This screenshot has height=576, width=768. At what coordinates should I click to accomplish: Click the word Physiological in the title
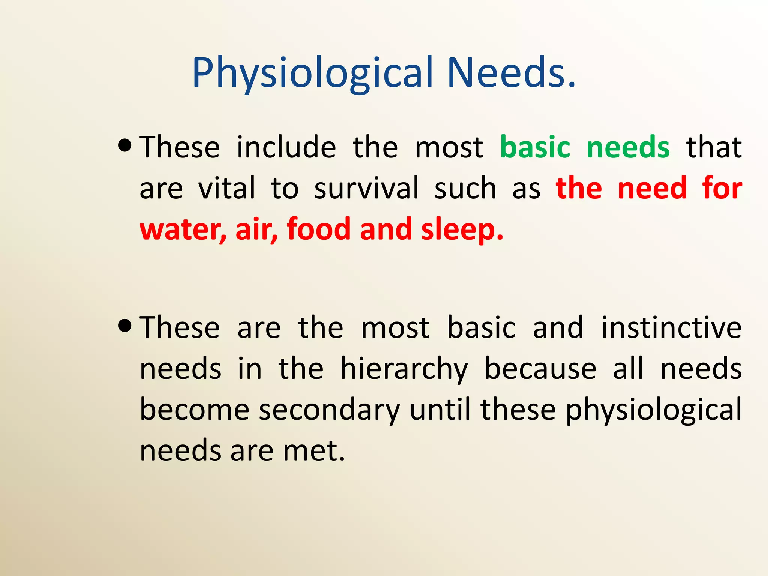coord(313,73)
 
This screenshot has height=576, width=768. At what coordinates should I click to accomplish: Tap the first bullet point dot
coord(124,145)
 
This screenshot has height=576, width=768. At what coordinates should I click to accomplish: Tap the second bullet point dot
coord(124,325)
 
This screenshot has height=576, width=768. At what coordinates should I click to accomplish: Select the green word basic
coord(535,147)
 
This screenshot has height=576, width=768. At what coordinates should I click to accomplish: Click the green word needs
coord(628,147)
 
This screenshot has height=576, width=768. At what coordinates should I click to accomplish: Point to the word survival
coord(366,188)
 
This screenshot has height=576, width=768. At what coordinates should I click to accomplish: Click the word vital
coord(226,188)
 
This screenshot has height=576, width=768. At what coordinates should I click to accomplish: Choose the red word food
coord(318,229)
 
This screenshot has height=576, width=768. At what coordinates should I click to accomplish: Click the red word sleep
coord(461,230)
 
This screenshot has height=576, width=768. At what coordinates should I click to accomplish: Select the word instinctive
coord(671,328)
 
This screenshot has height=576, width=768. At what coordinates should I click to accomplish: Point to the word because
coord(540,369)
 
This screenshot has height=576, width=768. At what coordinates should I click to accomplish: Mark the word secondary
coord(329,410)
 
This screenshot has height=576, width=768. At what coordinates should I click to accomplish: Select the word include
coord(286,147)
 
